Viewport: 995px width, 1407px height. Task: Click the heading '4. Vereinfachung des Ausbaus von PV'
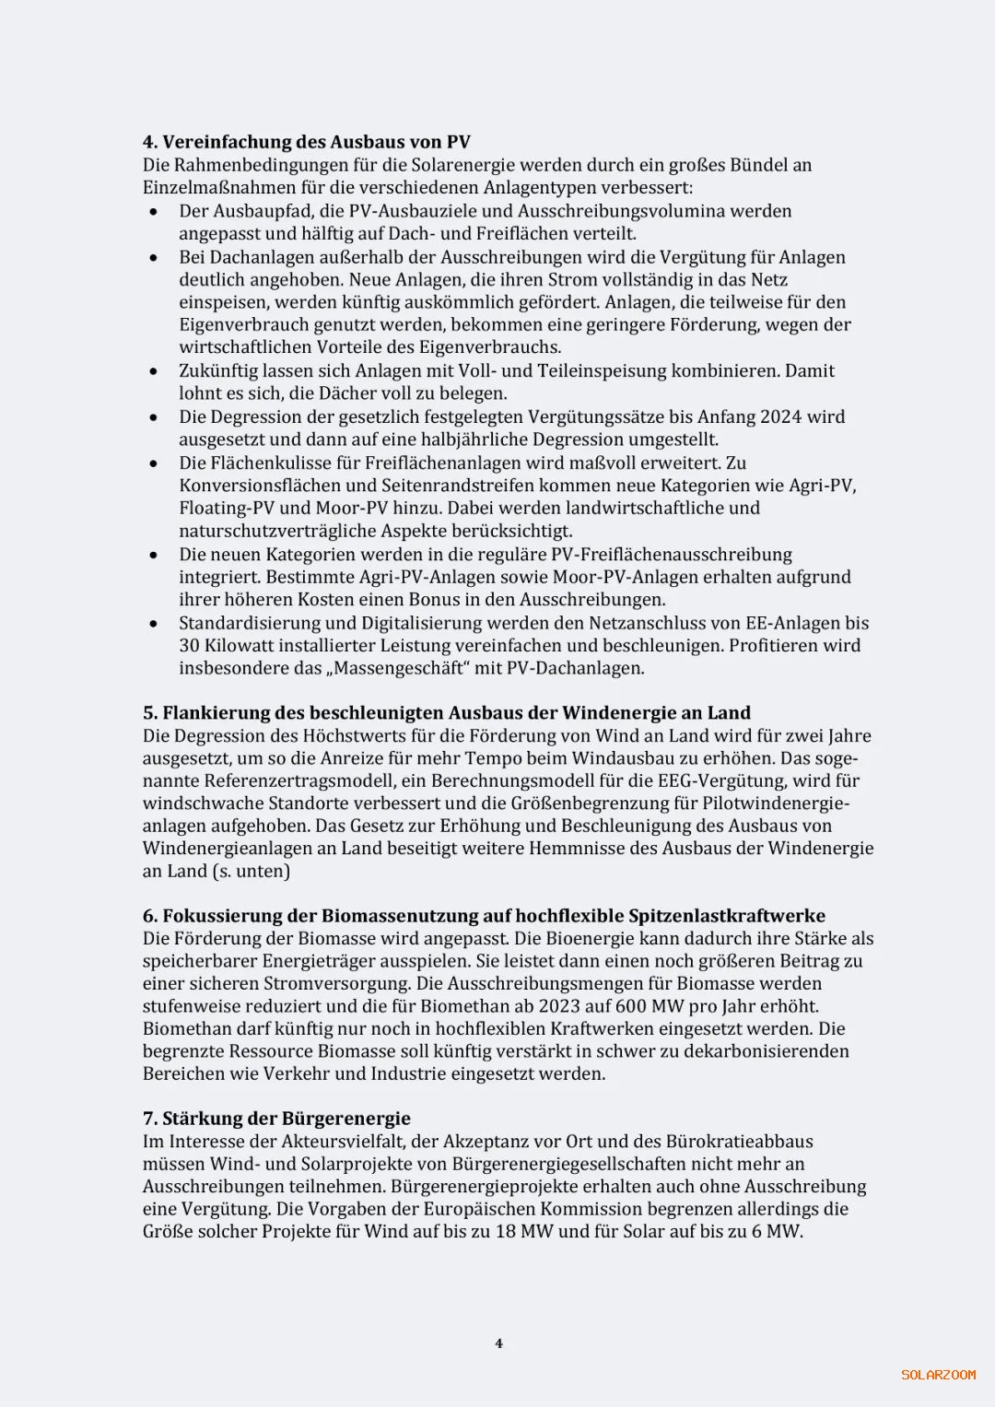[306, 142]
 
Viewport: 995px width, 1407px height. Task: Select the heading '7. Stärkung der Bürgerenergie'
[276, 1119]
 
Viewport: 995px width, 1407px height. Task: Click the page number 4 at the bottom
[498, 1343]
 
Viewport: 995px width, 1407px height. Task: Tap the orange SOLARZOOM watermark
[938, 1375]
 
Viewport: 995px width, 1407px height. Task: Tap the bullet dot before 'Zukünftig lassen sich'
[153, 371]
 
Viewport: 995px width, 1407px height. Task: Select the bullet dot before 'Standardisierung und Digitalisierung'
[153, 624]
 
